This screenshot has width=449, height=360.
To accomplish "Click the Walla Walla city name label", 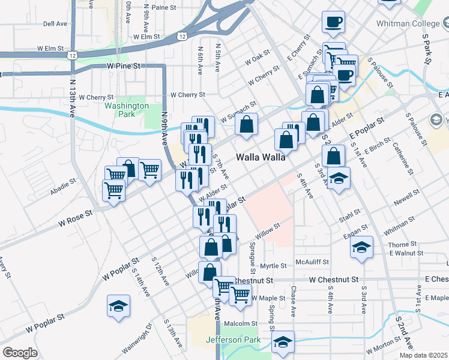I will click(x=261, y=157).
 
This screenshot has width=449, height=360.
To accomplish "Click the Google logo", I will click(x=19, y=353).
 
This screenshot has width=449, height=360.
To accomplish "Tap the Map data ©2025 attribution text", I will click(x=423, y=355).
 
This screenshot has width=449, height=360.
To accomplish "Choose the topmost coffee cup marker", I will click(x=333, y=23).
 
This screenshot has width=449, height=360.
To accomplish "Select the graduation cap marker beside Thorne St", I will click(x=361, y=247).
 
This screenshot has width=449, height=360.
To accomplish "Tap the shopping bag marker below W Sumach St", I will click(x=246, y=125).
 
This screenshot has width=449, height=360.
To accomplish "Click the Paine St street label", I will click(x=166, y=7).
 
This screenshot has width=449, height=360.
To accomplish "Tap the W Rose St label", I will click(x=76, y=218).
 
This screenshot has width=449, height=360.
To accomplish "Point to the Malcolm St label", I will click(x=240, y=324).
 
